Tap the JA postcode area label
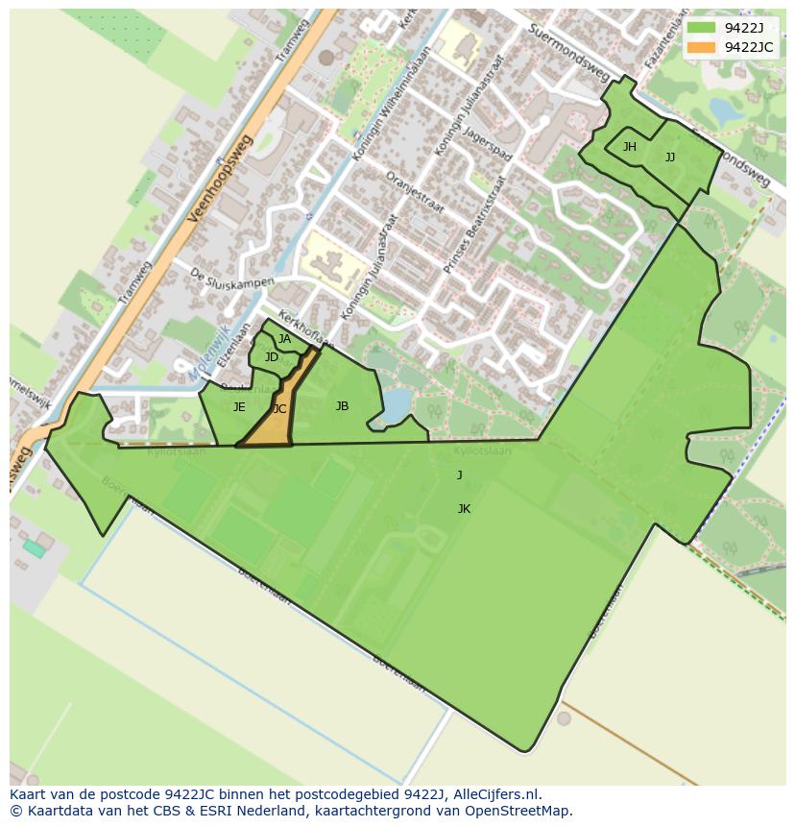point(284,339)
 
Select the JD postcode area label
point(272,357)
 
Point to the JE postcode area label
point(239,407)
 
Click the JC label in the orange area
point(279,409)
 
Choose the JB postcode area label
point(342,406)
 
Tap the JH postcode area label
point(630,147)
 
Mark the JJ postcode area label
point(670,158)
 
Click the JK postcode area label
point(464,509)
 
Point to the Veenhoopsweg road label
point(220,179)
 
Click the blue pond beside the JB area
point(395,410)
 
